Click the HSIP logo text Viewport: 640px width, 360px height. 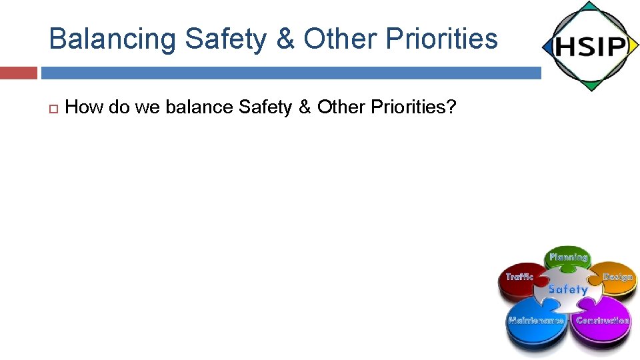[589, 47]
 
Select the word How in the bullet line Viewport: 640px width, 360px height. [85, 107]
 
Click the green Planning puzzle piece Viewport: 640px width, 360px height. [568, 258]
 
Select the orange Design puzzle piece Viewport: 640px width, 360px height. [617, 277]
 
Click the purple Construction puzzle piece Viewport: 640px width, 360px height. [602, 321]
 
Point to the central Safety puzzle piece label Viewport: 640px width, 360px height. [568, 289]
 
